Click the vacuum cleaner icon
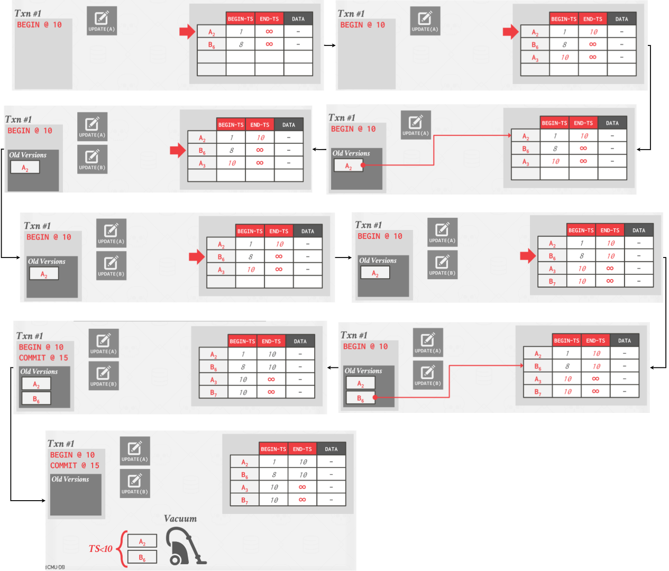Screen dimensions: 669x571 tap(185, 546)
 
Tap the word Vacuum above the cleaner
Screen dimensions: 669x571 tap(180, 518)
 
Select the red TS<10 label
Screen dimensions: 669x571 tap(100, 548)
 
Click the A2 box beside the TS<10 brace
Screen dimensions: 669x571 tap(142, 540)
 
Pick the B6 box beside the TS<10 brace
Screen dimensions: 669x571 tap(142, 557)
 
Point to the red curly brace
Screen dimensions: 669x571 tap(121, 548)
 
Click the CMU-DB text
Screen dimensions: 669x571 tap(56, 567)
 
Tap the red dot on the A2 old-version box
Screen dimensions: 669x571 tap(363, 165)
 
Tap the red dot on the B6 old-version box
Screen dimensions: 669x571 tap(375, 397)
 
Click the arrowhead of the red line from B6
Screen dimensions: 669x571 tap(522, 365)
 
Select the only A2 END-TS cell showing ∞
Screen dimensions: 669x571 tap(269, 31)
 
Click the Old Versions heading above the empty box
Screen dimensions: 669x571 tap(70, 479)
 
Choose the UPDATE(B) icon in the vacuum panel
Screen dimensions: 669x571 tap(135, 483)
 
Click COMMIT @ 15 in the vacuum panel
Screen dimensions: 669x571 tap(75, 465)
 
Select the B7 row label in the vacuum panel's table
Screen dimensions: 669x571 tap(244, 500)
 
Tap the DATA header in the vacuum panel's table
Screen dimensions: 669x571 tap(331, 449)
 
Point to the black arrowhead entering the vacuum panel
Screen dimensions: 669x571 tap(43, 500)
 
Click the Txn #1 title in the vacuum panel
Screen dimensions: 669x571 tap(61, 443)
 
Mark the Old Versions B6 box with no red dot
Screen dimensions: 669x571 tap(36, 398)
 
